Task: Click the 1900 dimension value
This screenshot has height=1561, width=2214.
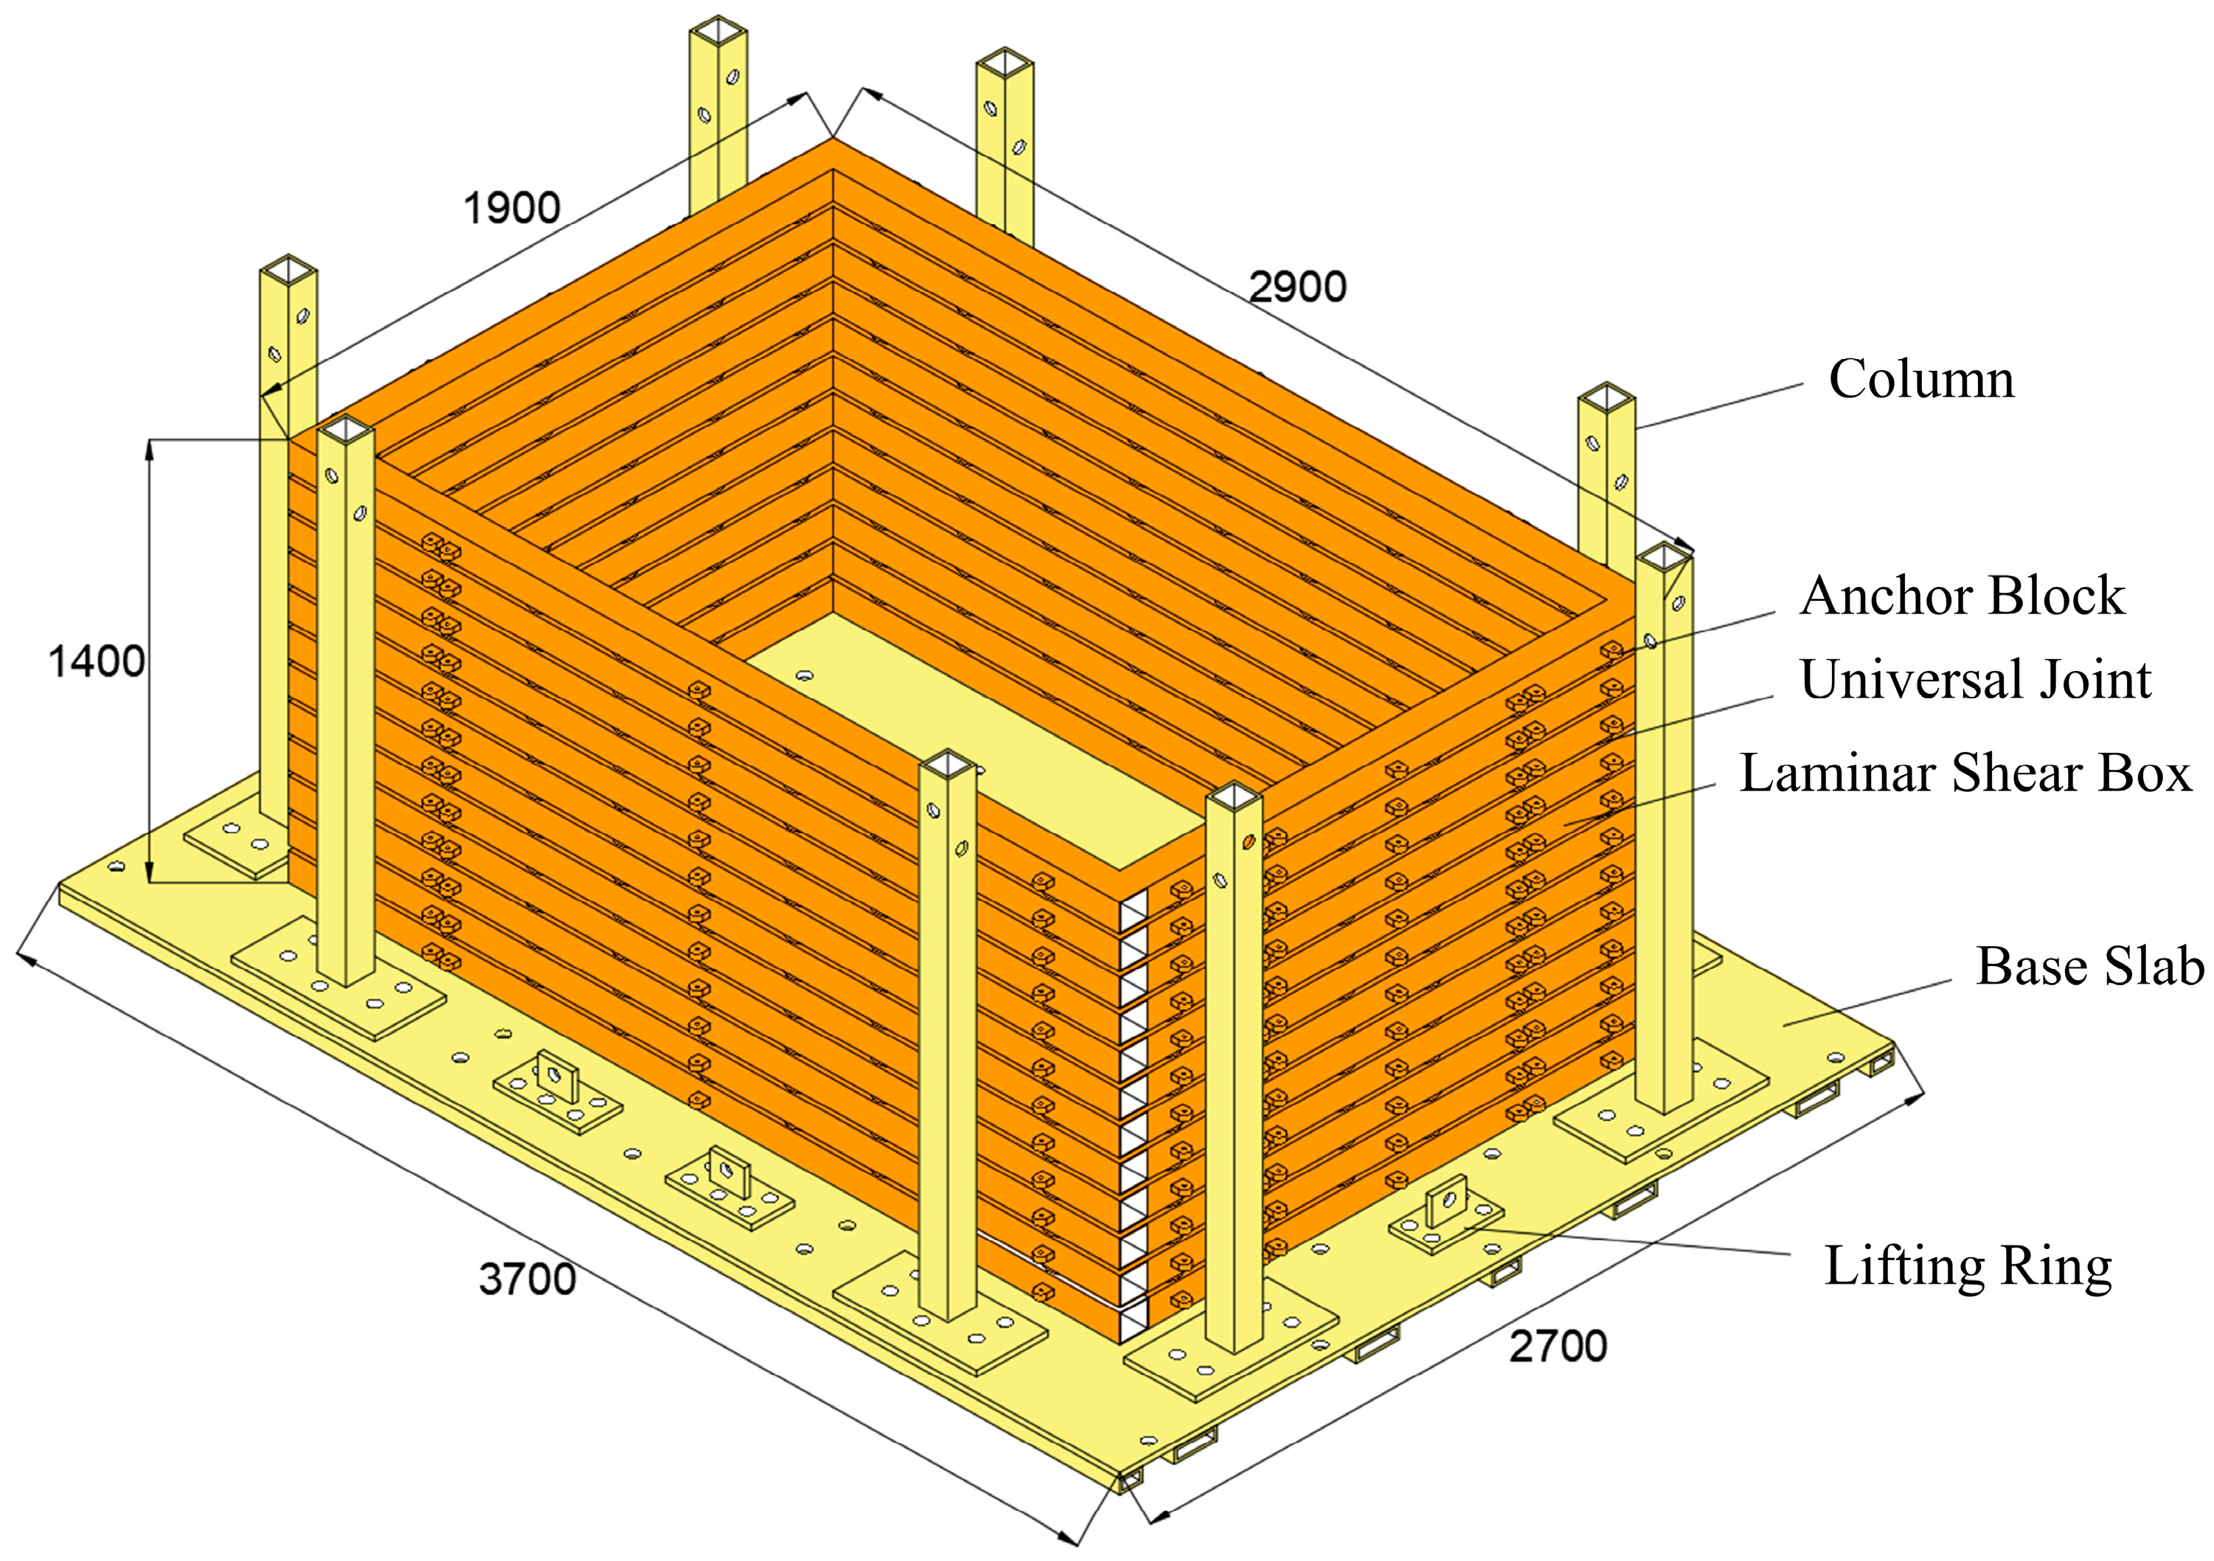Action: [x=512, y=208]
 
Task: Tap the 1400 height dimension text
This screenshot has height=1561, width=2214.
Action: [x=97, y=661]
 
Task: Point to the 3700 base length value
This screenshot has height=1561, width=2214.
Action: [x=527, y=1279]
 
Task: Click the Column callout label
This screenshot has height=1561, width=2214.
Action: [x=1922, y=379]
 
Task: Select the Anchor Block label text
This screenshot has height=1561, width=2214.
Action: [x=1963, y=595]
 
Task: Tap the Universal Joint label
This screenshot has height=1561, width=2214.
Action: [x=1976, y=679]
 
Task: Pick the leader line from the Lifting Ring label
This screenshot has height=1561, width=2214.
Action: [x=1628, y=1242]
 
